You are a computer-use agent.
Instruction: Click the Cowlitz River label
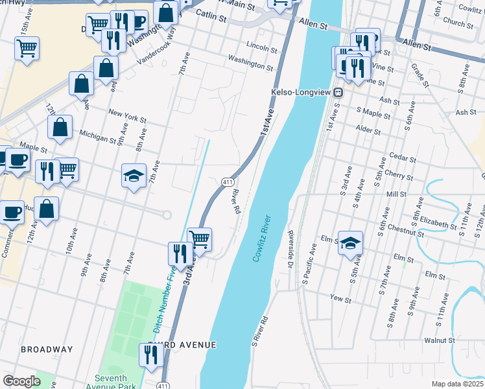pyautogui.click(x=263, y=239)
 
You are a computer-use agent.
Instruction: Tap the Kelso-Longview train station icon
pyautogui.click(x=338, y=93)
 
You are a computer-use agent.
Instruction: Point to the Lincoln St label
pyautogui.click(x=262, y=47)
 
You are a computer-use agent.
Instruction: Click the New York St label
pyautogui.click(x=127, y=115)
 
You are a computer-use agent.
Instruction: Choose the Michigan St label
pyautogui.click(x=97, y=136)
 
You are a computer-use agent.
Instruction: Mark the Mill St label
pyautogui.click(x=396, y=194)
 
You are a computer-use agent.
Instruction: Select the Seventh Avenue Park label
pyautogui.click(x=115, y=383)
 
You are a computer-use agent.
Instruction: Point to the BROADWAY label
pyautogui.click(x=47, y=349)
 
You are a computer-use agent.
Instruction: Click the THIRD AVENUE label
pyautogui.click(x=182, y=345)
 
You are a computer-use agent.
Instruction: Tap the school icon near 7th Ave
pyautogui.click(x=134, y=176)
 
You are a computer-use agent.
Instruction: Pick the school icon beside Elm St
pyautogui.click(x=350, y=243)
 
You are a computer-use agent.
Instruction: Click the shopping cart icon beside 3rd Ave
pyautogui.click(x=200, y=239)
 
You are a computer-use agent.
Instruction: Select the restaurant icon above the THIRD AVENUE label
pyautogui.click(x=150, y=355)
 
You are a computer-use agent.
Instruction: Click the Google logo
pyautogui.click(x=21, y=381)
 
